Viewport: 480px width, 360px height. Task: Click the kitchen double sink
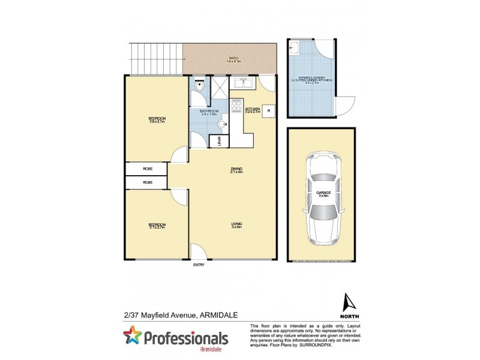243,85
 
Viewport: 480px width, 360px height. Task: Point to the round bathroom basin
223,124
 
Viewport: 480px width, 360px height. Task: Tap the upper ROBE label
147,169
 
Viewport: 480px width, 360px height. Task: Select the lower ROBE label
147,182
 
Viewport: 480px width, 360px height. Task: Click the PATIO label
233,58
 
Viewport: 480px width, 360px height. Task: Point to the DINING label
236,169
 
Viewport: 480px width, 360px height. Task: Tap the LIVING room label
236,224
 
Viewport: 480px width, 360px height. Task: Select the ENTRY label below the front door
198,265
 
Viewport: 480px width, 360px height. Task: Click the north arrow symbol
345,301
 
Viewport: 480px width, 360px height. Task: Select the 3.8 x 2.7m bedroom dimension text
157,122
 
